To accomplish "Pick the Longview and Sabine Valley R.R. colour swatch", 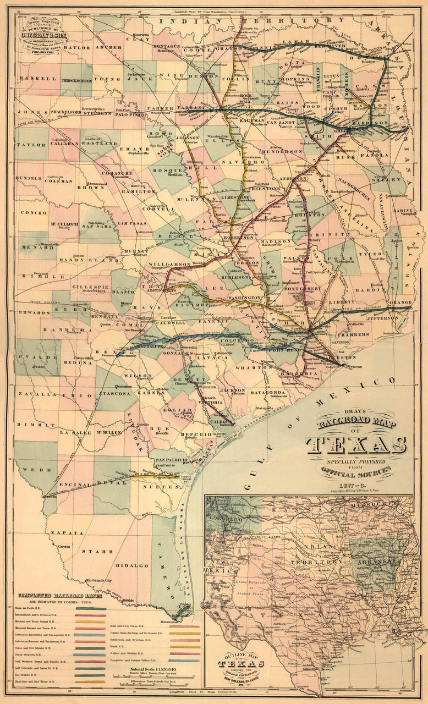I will point(184,659).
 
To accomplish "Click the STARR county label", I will point(90,550).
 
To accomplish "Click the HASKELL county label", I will point(30,78).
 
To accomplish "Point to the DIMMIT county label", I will point(28,425).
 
